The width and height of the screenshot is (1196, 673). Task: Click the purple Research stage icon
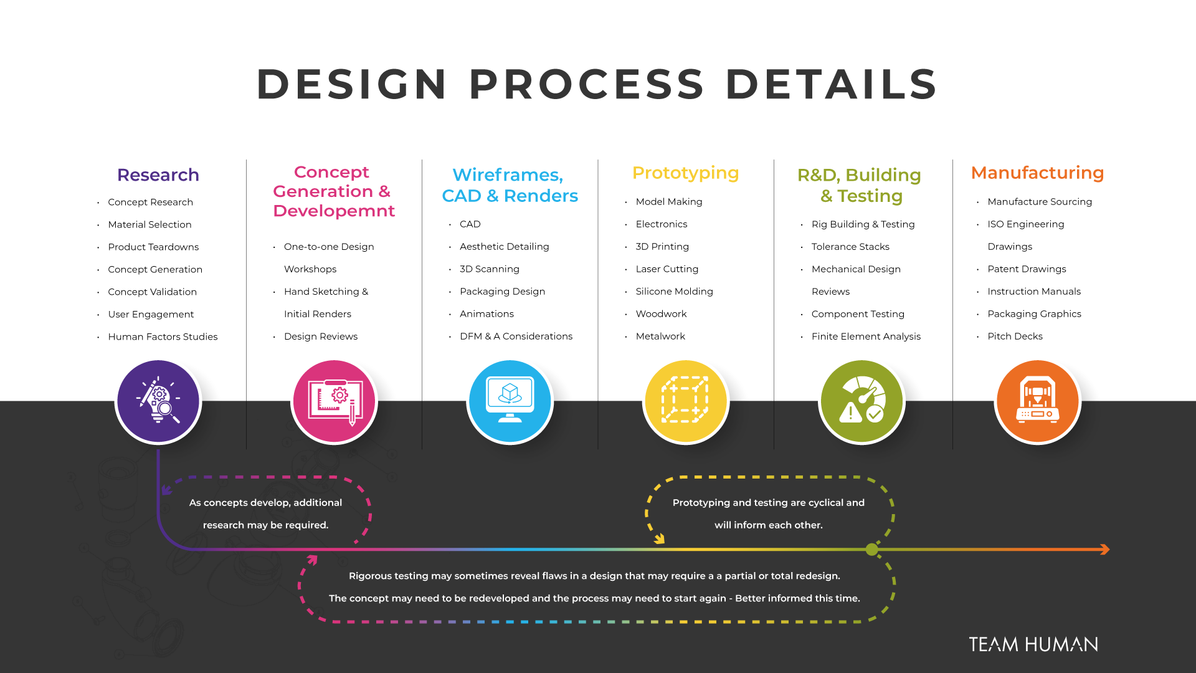pos(158,401)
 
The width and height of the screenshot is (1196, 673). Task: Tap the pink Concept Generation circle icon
pos(334,401)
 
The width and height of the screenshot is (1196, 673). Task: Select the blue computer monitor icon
pos(510,401)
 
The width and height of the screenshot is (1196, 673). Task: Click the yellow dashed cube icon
pos(685,401)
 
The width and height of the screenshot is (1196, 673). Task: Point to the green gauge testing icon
pos(861,401)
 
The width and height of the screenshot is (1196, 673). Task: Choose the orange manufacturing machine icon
pos(1037,401)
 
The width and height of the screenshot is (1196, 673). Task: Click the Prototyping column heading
pos(685,173)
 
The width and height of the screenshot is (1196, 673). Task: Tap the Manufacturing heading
pos(1037,173)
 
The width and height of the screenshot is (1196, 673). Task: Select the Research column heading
pos(158,175)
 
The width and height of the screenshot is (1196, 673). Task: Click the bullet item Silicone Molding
pos(674,292)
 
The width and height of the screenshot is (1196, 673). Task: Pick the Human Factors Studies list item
pos(163,336)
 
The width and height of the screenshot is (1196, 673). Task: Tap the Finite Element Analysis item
pos(866,336)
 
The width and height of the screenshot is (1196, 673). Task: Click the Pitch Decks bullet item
pos(1015,336)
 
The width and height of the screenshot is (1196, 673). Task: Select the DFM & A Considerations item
pos(516,336)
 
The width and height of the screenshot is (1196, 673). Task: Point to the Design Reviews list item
pos(321,336)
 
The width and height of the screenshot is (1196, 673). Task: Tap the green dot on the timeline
pos(872,549)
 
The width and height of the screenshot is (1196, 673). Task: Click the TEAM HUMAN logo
pos(1033,644)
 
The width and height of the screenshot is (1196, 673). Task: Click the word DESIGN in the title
pos(352,84)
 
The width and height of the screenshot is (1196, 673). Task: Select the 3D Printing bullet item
pos(662,247)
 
